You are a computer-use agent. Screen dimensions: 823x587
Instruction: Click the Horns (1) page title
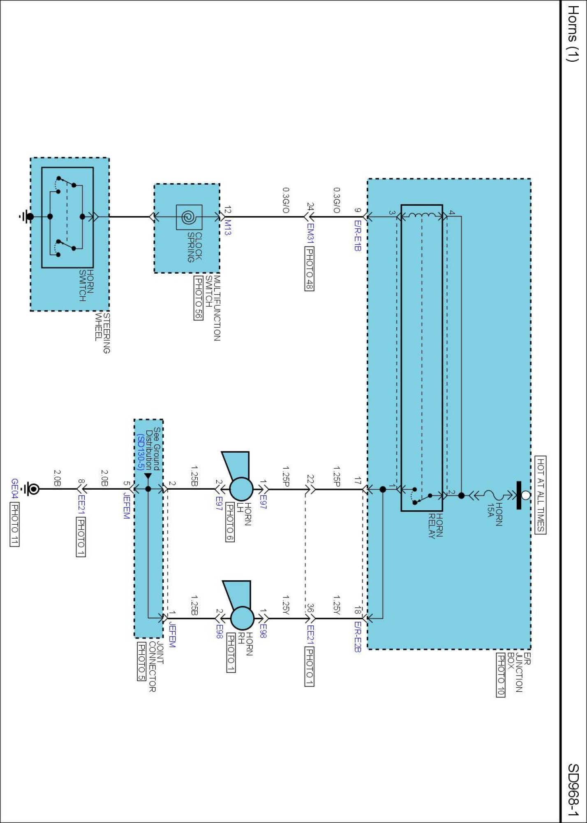(573, 34)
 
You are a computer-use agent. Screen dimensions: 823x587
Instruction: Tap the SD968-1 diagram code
(573, 790)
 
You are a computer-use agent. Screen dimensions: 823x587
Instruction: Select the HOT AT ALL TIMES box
(541, 495)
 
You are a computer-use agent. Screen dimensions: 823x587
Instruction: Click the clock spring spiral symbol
(189, 217)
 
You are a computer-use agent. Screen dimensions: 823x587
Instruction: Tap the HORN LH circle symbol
(241, 489)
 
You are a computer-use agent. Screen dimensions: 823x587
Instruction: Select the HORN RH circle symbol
(242, 618)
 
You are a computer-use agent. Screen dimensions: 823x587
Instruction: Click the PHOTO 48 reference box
(310, 268)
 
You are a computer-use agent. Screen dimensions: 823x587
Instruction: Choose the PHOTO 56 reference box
(199, 297)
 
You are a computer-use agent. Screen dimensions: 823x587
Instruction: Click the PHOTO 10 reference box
(500, 675)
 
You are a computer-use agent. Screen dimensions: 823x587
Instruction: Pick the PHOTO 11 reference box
(14, 525)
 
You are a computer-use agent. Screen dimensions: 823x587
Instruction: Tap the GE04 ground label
(14, 488)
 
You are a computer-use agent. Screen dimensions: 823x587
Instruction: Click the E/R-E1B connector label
(358, 236)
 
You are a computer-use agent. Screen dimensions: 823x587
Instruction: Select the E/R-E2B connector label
(358, 637)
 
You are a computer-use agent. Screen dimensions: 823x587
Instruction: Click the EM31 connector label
(310, 233)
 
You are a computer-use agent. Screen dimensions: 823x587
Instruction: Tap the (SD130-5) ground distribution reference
(140, 452)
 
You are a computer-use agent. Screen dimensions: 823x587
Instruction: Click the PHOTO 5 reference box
(141, 661)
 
